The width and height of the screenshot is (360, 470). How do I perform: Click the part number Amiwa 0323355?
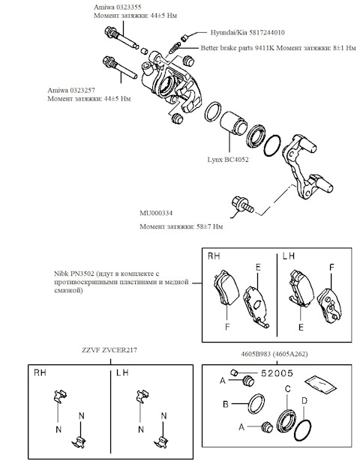(x=117, y=7)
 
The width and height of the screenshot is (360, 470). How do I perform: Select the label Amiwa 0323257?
(x=71, y=90)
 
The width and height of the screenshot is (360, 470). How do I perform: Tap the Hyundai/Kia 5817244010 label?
(x=247, y=32)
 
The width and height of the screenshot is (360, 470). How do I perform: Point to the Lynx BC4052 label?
(x=228, y=160)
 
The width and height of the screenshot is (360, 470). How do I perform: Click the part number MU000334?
(x=156, y=213)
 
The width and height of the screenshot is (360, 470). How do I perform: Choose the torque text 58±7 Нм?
(x=210, y=226)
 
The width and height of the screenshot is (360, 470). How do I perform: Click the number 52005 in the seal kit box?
(x=277, y=373)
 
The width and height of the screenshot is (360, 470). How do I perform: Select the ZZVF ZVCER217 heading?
(x=109, y=350)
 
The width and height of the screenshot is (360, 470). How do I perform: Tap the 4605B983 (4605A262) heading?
(x=274, y=354)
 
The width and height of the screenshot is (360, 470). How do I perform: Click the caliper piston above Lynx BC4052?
(x=234, y=123)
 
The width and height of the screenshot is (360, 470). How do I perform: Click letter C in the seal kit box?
(x=287, y=389)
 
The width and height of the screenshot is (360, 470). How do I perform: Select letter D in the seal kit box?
(x=304, y=401)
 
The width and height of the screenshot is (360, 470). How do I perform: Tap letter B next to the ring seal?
(x=226, y=404)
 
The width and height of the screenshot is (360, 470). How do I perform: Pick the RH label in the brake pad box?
(x=214, y=256)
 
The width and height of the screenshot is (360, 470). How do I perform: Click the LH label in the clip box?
(x=122, y=373)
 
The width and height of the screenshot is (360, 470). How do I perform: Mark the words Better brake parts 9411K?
(x=238, y=48)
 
